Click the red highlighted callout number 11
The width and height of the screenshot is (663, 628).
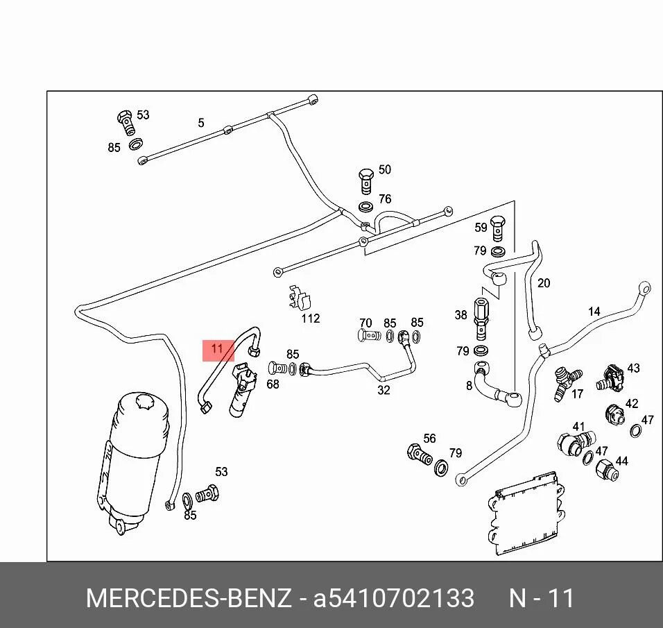click(218, 350)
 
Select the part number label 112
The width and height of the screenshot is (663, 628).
click(310, 319)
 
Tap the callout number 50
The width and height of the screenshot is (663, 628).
click(384, 170)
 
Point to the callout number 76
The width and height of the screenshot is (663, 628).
click(384, 199)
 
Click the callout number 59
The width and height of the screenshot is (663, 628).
click(481, 227)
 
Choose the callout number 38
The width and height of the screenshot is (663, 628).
click(461, 315)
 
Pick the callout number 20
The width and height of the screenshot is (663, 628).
click(544, 282)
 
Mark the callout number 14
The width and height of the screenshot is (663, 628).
click(594, 312)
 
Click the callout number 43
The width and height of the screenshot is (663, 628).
click(633, 368)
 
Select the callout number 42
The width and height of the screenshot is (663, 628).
click(631, 404)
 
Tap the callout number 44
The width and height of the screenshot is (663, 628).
click(621, 461)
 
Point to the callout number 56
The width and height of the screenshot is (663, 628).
click(429, 439)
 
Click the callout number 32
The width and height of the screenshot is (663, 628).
click(384, 390)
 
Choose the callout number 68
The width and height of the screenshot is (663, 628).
click(273, 384)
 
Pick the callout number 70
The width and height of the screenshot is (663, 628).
click(365, 323)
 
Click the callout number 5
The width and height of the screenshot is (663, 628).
click(201, 123)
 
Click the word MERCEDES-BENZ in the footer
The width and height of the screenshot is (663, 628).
click(189, 598)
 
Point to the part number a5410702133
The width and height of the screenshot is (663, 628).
click(394, 598)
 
